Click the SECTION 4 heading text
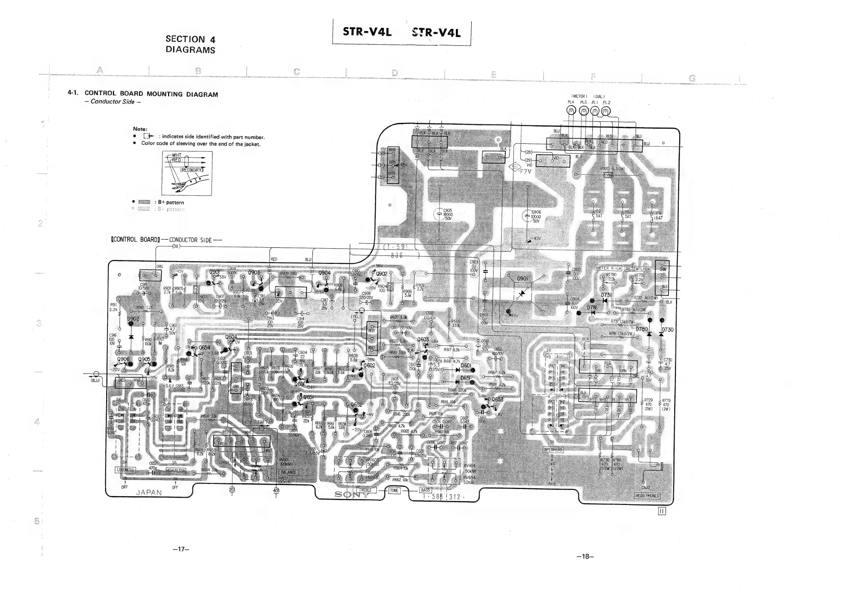click(190, 39)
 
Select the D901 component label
click(522, 278)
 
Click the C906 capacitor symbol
click(527, 216)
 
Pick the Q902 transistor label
click(381, 274)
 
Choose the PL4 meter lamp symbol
click(571, 111)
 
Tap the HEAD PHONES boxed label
click(647, 496)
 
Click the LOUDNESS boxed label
click(126, 470)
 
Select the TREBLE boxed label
click(365, 490)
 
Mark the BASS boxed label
click(426, 490)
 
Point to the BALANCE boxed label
click(288, 472)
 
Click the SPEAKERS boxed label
click(553, 449)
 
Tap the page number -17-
click(181, 549)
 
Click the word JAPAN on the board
click(149, 492)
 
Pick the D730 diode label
click(667, 330)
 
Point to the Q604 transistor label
click(231, 337)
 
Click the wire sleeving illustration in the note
click(187, 173)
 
